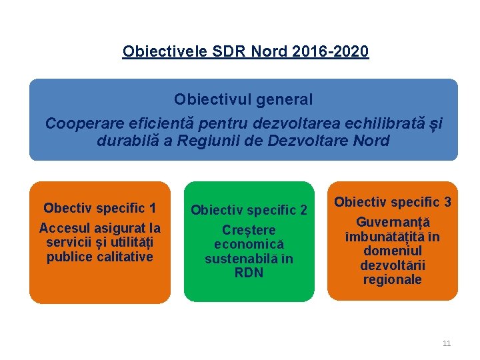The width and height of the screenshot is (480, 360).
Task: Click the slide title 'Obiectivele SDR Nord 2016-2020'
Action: tap(245, 51)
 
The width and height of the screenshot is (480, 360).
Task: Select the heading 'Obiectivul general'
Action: tap(243, 99)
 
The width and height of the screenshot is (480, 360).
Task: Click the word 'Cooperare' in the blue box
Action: tap(78, 123)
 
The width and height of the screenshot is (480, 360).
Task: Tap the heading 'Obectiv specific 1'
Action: tap(100, 208)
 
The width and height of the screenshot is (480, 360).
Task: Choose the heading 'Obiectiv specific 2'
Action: tap(249, 211)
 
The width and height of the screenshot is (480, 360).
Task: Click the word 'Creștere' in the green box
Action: tap(249, 230)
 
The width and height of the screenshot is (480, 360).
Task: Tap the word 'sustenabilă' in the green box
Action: tap(238, 259)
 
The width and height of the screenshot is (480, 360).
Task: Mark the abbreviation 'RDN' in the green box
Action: tap(249, 273)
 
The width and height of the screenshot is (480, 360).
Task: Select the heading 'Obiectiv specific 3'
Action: tap(393, 201)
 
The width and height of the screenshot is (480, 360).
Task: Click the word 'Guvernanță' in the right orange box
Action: tap(393, 222)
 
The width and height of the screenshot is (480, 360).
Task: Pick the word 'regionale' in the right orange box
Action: tap(393, 279)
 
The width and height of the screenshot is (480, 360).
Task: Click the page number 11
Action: tap(447, 343)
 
